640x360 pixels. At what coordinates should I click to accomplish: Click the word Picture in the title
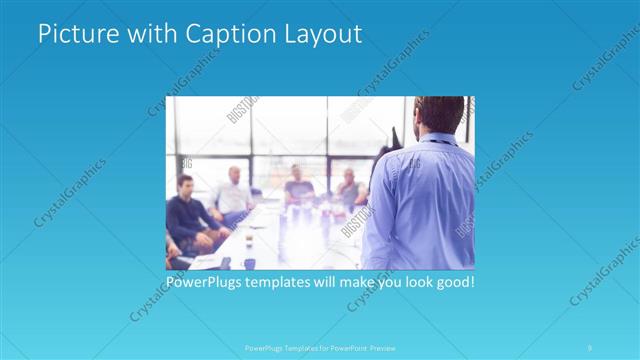[71, 34]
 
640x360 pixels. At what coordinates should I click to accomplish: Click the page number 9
[591, 347]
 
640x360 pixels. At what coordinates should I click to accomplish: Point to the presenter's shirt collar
[437, 138]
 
